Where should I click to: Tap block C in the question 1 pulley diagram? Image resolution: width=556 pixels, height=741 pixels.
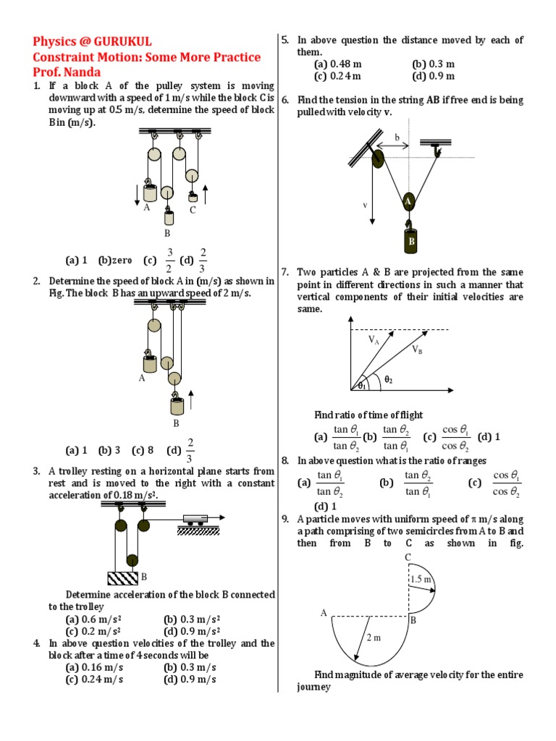[x=193, y=198]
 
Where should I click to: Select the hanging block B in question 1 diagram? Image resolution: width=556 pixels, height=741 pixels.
[x=168, y=217]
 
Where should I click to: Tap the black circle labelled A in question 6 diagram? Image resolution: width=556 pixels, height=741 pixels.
[x=409, y=202]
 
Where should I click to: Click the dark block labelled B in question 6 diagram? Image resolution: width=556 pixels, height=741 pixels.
[x=409, y=241]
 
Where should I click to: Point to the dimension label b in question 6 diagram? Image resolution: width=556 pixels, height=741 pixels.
[x=397, y=137]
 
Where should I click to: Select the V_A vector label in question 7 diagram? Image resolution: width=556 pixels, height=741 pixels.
[x=374, y=339]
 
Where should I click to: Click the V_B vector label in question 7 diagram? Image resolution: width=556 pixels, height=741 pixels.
[x=417, y=350]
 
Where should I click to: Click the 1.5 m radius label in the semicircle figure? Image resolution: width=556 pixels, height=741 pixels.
[x=421, y=580]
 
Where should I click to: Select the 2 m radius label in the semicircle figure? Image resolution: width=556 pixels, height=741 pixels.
[x=373, y=638]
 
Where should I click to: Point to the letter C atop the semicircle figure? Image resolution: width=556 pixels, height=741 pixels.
[x=408, y=556]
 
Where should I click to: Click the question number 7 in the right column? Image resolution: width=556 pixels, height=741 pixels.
[x=285, y=272]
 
